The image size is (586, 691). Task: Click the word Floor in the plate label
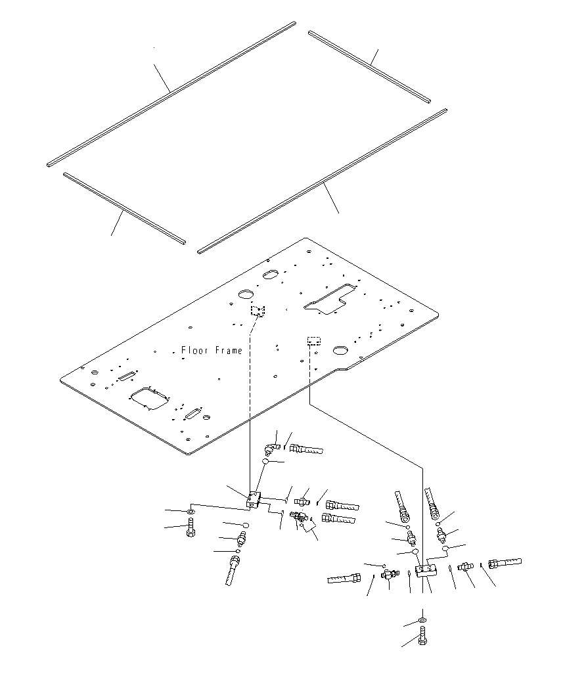194,351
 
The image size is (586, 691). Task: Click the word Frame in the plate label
227,351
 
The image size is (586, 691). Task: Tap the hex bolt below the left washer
191,527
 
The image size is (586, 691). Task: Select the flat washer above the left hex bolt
190,511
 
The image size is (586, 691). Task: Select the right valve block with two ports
426,568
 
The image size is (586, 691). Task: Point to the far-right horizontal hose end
505,564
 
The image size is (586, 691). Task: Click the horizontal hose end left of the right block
344,579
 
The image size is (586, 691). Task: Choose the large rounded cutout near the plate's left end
150,399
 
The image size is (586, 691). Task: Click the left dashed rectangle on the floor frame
257,311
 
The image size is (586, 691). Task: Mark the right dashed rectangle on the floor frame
314,341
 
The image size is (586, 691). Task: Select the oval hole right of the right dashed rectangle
340,349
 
